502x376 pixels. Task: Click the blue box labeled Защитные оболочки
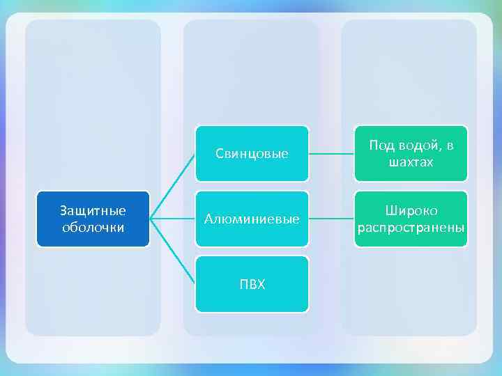click(x=93, y=219)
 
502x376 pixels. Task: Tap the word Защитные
click(x=93, y=210)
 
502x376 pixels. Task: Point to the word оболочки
click(x=93, y=227)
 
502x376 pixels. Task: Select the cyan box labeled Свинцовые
click(x=252, y=153)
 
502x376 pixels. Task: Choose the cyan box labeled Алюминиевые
click(x=252, y=219)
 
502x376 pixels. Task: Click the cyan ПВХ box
click(x=252, y=284)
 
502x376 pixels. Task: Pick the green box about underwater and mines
click(x=411, y=153)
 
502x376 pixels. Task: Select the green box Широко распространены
click(x=411, y=219)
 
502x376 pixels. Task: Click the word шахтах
click(x=411, y=162)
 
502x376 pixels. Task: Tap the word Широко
click(x=411, y=211)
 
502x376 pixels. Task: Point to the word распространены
click(x=411, y=228)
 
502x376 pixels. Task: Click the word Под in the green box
click(x=382, y=146)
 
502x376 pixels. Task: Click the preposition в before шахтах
click(x=450, y=146)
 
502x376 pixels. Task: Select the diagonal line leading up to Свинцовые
click(x=173, y=186)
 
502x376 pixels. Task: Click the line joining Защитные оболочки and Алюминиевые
click(x=173, y=219)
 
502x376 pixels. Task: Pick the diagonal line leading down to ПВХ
click(x=173, y=251)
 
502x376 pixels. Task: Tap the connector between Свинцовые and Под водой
click(x=331, y=153)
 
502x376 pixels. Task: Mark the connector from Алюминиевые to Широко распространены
click(x=331, y=219)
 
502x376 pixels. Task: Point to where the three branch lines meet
click(x=151, y=219)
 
